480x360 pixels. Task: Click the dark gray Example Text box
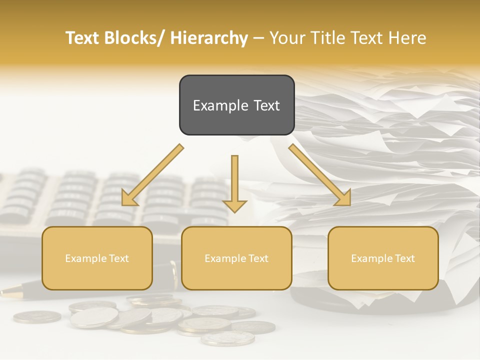(236, 105)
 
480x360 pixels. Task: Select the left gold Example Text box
(97, 258)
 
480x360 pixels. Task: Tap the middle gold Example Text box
(236, 258)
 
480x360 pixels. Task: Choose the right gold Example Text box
(383, 258)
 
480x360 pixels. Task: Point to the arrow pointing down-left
(152, 175)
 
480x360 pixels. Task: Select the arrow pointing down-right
(320, 175)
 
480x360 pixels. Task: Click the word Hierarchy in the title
(208, 38)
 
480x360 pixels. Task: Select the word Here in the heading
(409, 38)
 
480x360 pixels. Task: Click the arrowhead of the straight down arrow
(234, 205)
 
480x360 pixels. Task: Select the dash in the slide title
(258, 38)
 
